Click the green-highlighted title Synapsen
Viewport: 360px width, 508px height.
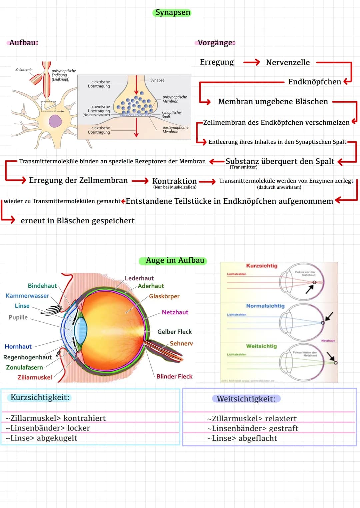[173, 13]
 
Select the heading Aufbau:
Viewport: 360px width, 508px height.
[24, 43]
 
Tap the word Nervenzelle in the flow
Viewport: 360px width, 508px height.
[288, 62]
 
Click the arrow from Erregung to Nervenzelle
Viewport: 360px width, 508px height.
[251, 62]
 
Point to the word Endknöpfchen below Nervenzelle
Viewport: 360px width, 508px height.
[314, 82]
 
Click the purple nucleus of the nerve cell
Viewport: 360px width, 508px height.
[55, 121]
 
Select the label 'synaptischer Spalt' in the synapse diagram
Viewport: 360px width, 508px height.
[172, 115]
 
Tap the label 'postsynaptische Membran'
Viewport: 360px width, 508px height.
[175, 130]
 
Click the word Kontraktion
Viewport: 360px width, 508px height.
[174, 181]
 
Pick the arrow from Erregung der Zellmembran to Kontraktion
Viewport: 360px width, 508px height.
[140, 181]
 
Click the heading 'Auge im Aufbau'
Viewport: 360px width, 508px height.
[175, 260]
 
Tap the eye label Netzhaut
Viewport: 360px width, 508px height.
[175, 312]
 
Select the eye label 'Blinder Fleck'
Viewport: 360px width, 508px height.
[174, 376]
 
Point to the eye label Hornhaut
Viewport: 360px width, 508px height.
[18, 347]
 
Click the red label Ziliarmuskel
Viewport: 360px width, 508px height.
[35, 377]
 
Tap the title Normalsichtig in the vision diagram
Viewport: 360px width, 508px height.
[265, 306]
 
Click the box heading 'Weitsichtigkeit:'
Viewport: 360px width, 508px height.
[246, 399]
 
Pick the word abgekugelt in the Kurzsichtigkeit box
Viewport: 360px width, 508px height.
[57, 438]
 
